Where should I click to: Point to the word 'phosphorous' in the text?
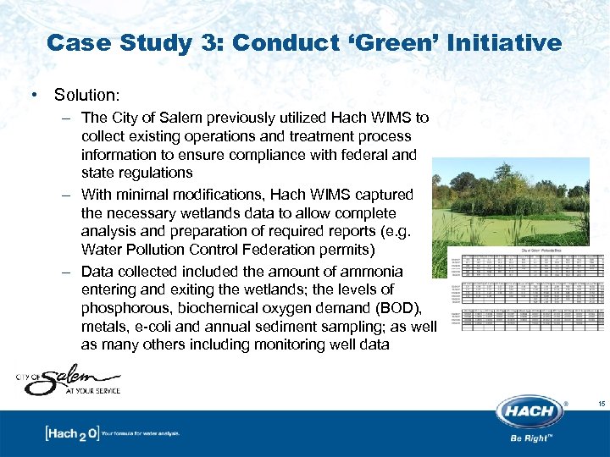tap(128, 308)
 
